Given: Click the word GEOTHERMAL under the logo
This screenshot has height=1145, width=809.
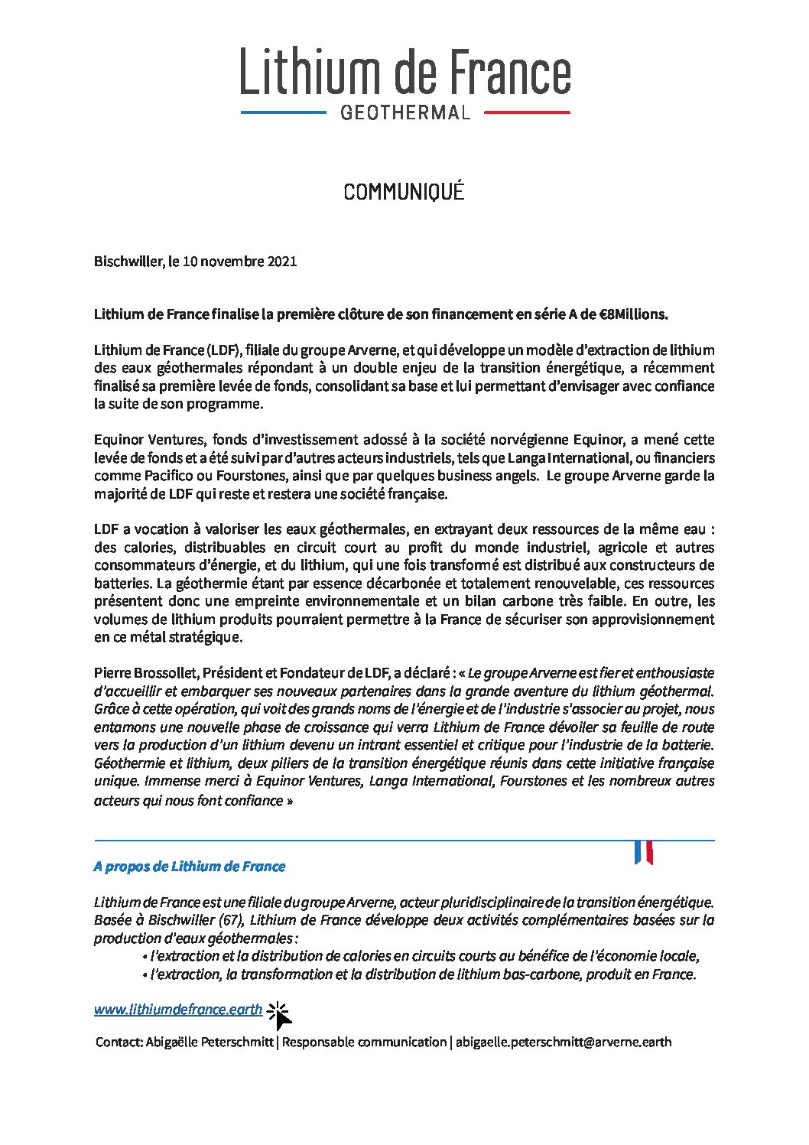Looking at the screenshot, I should pyautogui.click(x=405, y=113).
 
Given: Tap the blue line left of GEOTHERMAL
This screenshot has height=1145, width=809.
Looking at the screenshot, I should pyautogui.click(x=284, y=112).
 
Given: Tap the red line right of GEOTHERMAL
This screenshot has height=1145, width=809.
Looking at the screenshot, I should pyautogui.click(x=527, y=112).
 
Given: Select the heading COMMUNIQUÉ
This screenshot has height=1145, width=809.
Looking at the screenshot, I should pyautogui.click(x=404, y=192).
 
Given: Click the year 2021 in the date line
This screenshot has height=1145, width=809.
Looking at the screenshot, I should pyautogui.click(x=282, y=262).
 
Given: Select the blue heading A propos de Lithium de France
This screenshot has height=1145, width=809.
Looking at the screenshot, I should pyautogui.click(x=190, y=867).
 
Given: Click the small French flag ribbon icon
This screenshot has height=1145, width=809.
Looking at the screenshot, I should pyautogui.click(x=643, y=852).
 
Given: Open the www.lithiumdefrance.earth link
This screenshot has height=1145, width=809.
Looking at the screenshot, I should pyautogui.click(x=178, y=1010).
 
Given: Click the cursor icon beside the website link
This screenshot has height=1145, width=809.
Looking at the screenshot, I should pyautogui.click(x=280, y=1016).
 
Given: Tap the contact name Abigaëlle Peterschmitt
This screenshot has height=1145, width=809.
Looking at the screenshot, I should pyautogui.click(x=209, y=1042).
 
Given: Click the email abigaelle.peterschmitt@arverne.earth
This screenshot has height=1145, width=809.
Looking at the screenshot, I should pyautogui.click(x=564, y=1042).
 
